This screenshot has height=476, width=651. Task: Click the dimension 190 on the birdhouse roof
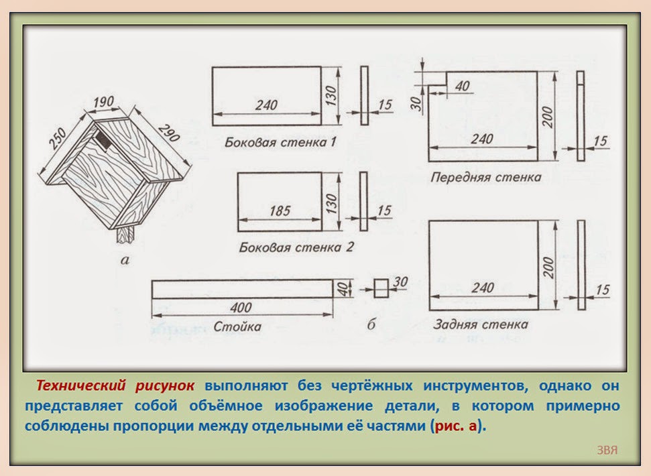click(104, 103)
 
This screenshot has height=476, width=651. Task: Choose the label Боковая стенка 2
click(296, 247)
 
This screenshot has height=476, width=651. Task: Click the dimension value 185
click(279, 211)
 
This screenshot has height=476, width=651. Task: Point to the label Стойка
click(237, 327)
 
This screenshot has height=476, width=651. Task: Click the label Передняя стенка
click(485, 178)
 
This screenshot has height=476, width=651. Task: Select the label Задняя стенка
click(480, 324)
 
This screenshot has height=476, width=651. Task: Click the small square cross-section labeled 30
click(380, 288)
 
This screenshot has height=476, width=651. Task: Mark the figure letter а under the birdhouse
click(123, 260)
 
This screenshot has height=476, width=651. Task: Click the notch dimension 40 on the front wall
click(462, 86)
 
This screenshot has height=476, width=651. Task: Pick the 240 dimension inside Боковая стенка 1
click(265, 106)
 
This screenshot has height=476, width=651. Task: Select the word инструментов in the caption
click(469, 386)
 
